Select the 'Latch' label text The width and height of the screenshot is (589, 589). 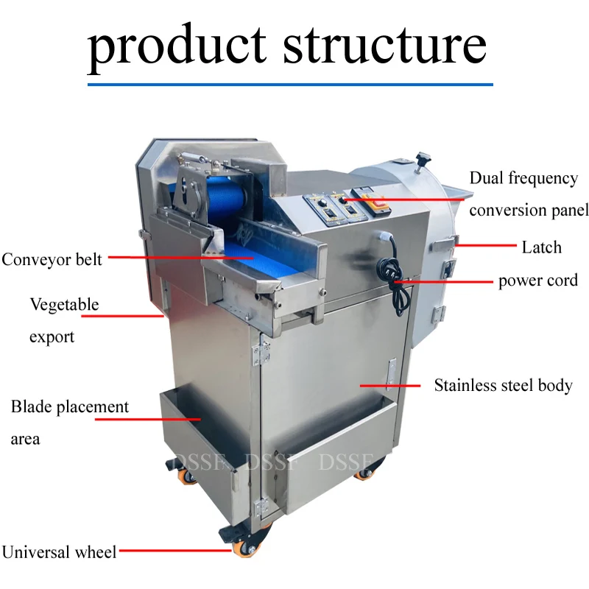point(541,247)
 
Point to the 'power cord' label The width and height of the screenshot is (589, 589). point(538,281)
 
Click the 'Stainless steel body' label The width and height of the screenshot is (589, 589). point(503,385)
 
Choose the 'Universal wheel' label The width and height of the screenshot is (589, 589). point(59,551)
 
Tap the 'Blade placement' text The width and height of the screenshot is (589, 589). point(69,406)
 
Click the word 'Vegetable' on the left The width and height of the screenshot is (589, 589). point(64,304)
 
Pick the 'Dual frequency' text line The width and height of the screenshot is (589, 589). point(523,178)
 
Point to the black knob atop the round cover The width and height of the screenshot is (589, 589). point(423,158)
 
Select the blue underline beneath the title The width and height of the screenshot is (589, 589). point(290,85)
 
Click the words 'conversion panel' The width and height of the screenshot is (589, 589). point(529,211)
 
